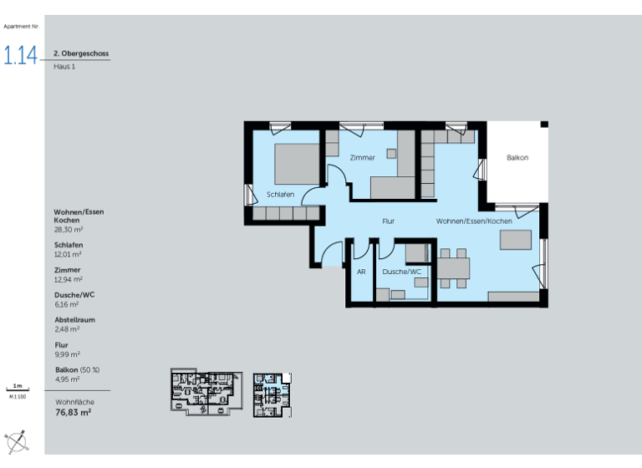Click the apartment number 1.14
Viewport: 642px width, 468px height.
coord(21,56)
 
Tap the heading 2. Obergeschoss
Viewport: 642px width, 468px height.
coord(81,53)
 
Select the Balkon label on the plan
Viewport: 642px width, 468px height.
coord(517,157)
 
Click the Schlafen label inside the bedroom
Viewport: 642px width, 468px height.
coord(280,194)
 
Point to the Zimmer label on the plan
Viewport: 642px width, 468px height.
coord(362,157)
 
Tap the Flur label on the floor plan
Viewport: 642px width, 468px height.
coord(388,221)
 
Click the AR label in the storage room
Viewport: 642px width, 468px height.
coord(361,272)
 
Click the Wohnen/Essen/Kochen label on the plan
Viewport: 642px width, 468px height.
coord(473,221)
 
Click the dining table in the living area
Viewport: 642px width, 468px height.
coord(455,268)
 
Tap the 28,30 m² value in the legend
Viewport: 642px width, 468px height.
coord(69,228)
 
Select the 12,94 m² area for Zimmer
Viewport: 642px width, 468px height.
coord(68,279)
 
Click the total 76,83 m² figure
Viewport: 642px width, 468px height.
coord(74,412)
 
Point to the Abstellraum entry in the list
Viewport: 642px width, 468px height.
coord(74,320)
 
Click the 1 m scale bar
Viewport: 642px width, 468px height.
coord(18,389)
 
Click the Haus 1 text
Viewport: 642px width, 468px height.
coord(64,66)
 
